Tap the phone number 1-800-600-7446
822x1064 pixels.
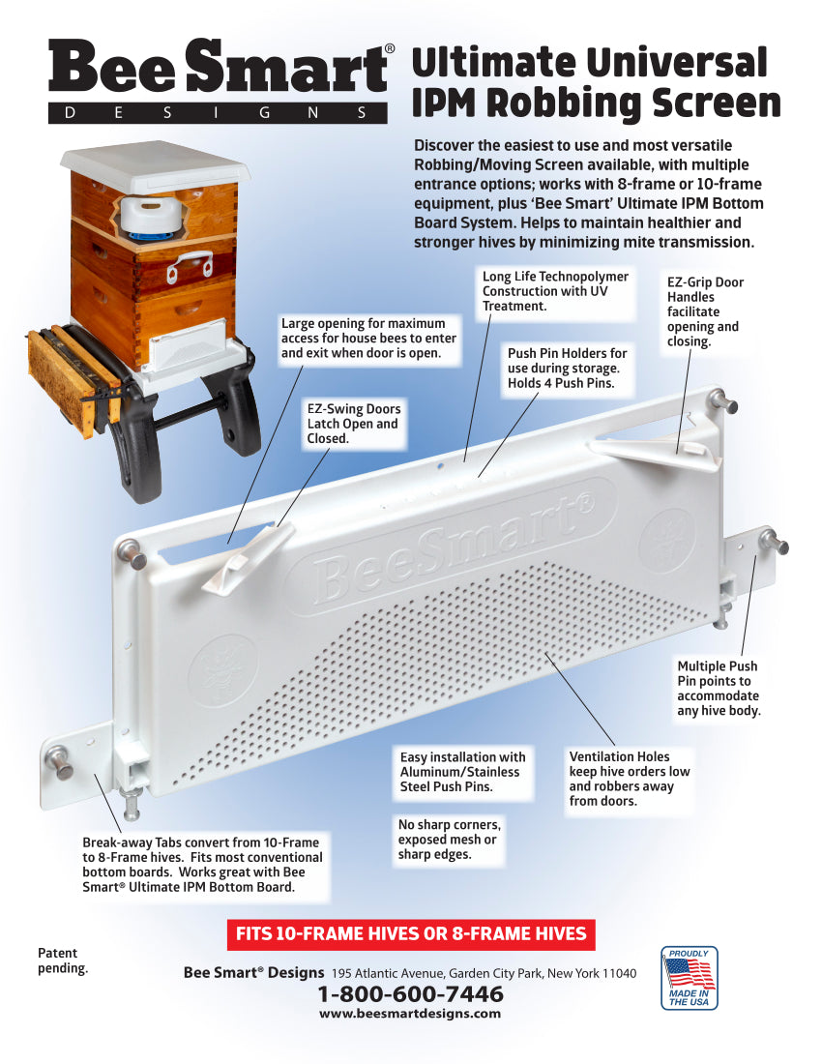410,994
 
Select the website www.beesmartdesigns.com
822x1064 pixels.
410,1013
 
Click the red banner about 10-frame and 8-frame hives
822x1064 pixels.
411,934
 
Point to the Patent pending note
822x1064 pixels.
63,961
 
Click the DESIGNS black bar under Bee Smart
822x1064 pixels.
217,113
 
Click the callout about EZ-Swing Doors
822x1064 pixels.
354,424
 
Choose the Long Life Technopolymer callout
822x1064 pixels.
555,291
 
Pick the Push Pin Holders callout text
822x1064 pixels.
567,368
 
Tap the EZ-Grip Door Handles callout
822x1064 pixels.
705,311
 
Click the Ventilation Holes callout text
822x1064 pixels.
629,779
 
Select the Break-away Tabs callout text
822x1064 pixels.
202,865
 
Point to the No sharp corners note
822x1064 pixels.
449,840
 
